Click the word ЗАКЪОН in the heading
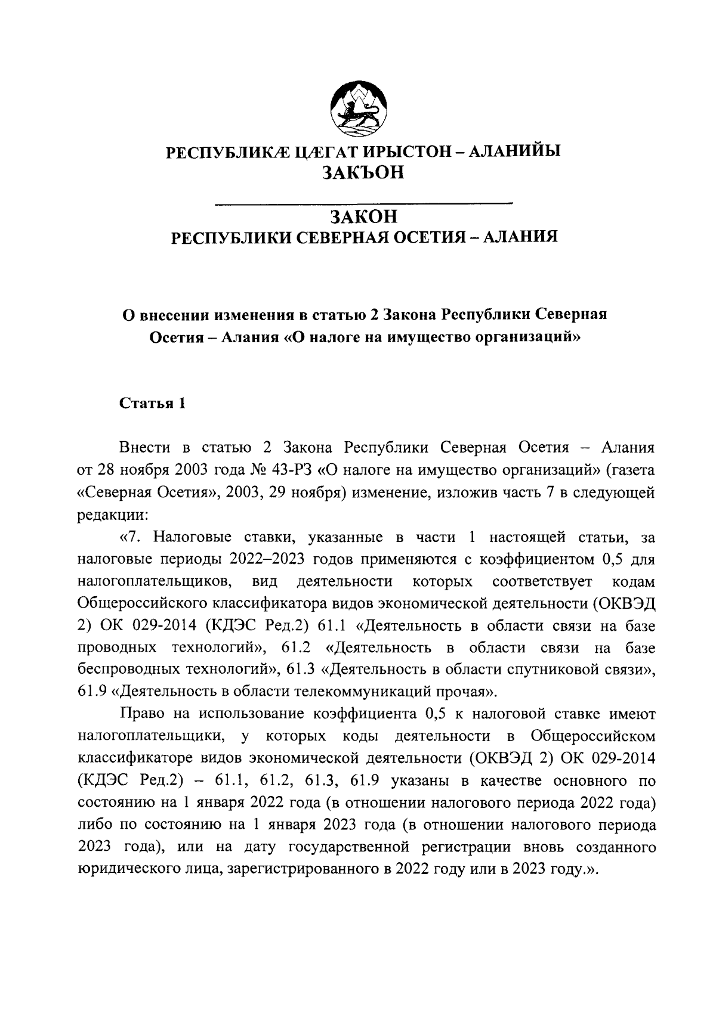click(363, 172)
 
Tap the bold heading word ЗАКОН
click(363, 216)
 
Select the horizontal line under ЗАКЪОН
click(363, 204)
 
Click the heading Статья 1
click(153, 404)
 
